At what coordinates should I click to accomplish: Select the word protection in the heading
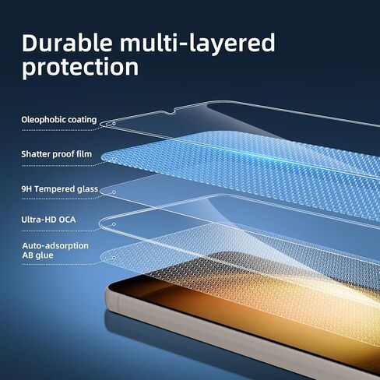point(80,67)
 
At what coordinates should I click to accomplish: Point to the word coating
point(83,120)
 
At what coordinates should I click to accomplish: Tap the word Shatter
point(37,154)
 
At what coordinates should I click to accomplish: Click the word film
point(83,154)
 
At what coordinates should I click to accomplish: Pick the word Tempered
point(55,188)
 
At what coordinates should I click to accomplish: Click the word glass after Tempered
point(88,188)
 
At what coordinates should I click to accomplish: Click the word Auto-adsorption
point(55,245)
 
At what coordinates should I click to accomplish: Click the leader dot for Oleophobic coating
point(114,122)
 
